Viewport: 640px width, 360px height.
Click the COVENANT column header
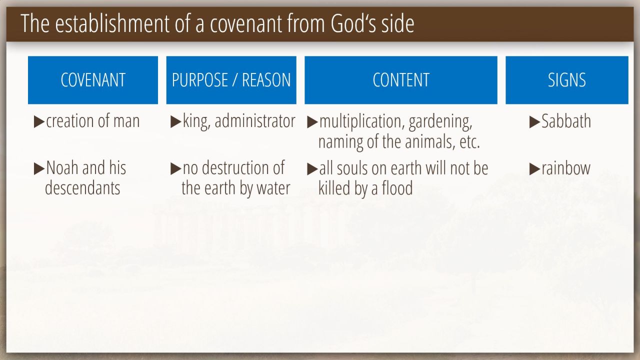[x=93, y=80]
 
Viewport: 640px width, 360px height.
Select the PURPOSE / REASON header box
[x=231, y=80]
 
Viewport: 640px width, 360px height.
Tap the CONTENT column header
[x=401, y=80]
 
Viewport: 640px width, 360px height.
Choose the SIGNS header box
[x=567, y=80]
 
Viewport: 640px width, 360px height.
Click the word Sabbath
[x=566, y=121]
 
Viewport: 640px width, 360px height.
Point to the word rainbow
[x=566, y=168]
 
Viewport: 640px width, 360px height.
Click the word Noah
[x=62, y=167]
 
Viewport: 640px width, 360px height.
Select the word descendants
[x=82, y=188]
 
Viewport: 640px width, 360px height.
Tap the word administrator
[x=255, y=121]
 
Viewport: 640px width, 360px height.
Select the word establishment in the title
[x=112, y=23]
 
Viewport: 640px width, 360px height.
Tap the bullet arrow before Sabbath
[x=534, y=122]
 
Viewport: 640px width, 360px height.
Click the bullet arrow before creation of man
[x=39, y=121]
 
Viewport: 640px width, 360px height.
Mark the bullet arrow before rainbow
[x=534, y=169]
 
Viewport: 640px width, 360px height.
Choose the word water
[x=273, y=188]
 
